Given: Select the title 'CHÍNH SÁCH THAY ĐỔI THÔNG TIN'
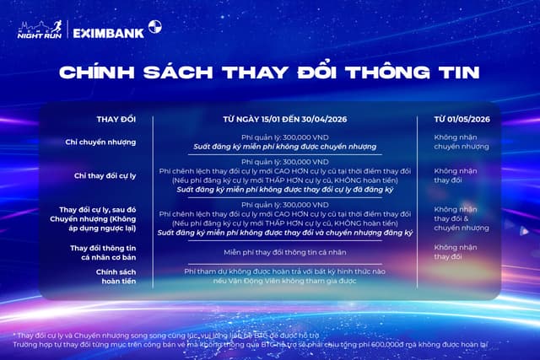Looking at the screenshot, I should [269, 73].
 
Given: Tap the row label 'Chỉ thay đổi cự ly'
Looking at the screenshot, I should [104, 175].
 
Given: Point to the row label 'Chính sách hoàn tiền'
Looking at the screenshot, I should [104, 277].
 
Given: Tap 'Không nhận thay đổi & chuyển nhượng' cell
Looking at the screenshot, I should [456, 218].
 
